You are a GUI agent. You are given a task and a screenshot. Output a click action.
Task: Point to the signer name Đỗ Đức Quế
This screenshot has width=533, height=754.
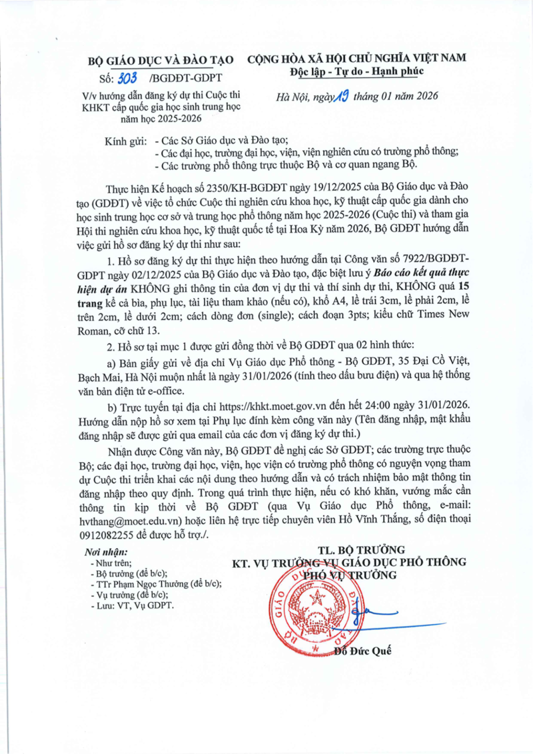click(x=363, y=651)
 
